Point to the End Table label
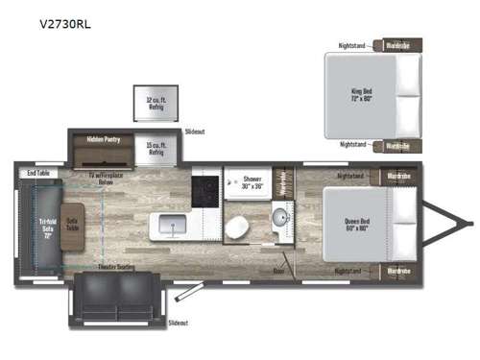[38, 173]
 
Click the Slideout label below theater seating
[177, 324]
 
